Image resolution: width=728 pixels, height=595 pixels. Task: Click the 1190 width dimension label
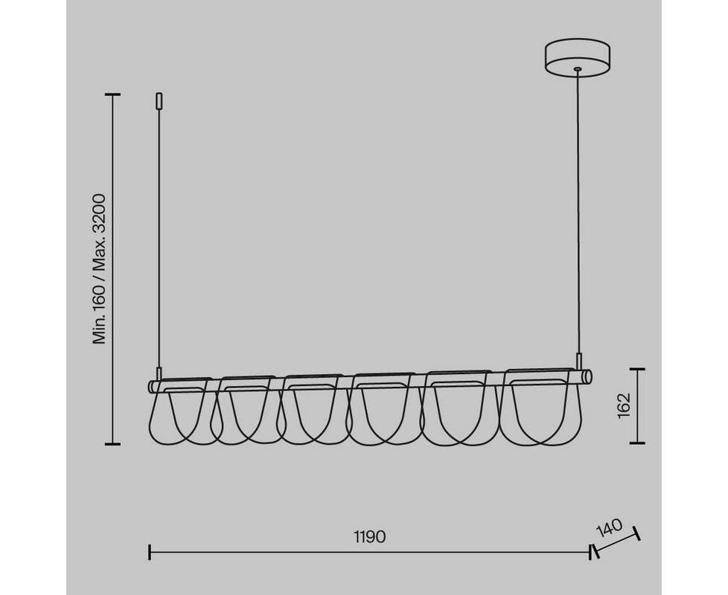point(369,536)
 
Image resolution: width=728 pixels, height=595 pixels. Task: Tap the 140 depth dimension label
point(609,529)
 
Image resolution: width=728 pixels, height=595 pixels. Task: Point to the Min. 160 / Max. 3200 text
point(100,269)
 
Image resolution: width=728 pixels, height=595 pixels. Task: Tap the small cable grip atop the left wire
point(159,100)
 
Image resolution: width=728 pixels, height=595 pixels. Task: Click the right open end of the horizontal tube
point(589,376)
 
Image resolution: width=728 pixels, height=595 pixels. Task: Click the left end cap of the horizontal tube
point(151,386)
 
